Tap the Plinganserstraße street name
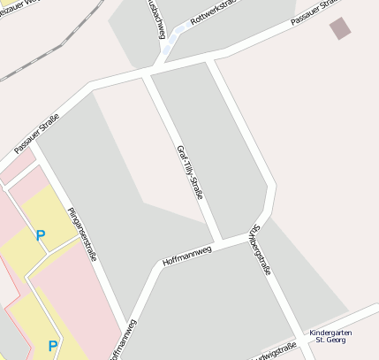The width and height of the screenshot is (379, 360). tap(81, 234)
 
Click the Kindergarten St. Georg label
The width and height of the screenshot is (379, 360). tap(330, 336)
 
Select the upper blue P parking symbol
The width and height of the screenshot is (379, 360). tap(40, 236)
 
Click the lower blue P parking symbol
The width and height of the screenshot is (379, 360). tap(52, 346)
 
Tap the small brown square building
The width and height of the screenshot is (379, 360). tap(340, 28)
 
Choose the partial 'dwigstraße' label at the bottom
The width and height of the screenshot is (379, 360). tap(270, 353)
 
